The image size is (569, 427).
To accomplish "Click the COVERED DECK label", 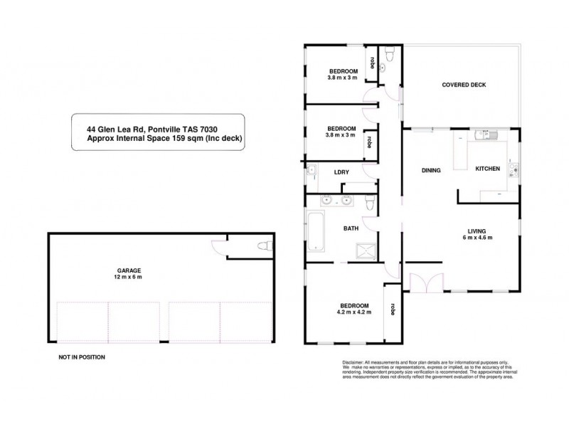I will pyautogui.click(x=464, y=84).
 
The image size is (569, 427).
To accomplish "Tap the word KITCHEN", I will pyautogui.click(x=488, y=169).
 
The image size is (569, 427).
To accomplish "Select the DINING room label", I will pyautogui.click(x=432, y=170).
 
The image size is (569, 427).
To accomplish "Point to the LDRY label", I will pyautogui.click(x=339, y=172).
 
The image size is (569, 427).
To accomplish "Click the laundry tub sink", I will pyautogui.click(x=312, y=170).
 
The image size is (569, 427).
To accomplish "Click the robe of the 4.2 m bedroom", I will pyautogui.click(x=391, y=310).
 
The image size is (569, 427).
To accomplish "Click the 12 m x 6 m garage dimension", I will pyautogui.click(x=129, y=278).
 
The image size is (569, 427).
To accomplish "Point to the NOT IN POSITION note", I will pyautogui.click(x=82, y=357).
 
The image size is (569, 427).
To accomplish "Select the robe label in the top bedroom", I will pyautogui.click(x=371, y=63).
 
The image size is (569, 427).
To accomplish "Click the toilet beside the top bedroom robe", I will pyautogui.click(x=388, y=56).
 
